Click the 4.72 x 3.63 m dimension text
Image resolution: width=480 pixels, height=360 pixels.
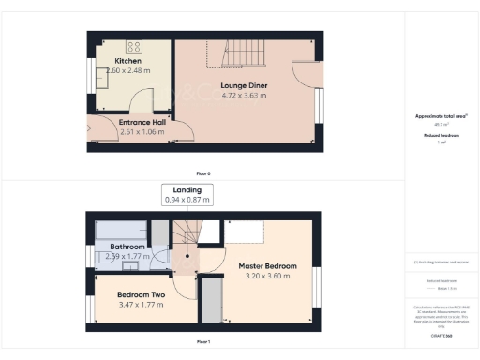(x=246, y=94)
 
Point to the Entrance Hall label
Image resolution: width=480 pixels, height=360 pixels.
(x=142, y=122)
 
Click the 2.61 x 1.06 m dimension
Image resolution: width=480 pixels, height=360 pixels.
(x=142, y=132)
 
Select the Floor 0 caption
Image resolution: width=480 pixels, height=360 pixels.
(x=203, y=173)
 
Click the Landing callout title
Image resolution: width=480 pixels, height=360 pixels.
(x=187, y=189)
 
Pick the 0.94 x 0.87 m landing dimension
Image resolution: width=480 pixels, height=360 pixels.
(x=187, y=200)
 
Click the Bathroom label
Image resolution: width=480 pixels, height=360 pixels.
(x=127, y=247)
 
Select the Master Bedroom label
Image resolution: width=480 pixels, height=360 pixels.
(x=267, y=266)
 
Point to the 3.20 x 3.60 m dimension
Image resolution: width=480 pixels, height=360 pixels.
(x=267, y=277)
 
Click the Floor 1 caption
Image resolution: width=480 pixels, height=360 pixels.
(x=203, y=342)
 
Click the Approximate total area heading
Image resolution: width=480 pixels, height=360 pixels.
(x=441, y=116)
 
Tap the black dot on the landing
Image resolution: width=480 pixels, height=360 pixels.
(x=187, y=254)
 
